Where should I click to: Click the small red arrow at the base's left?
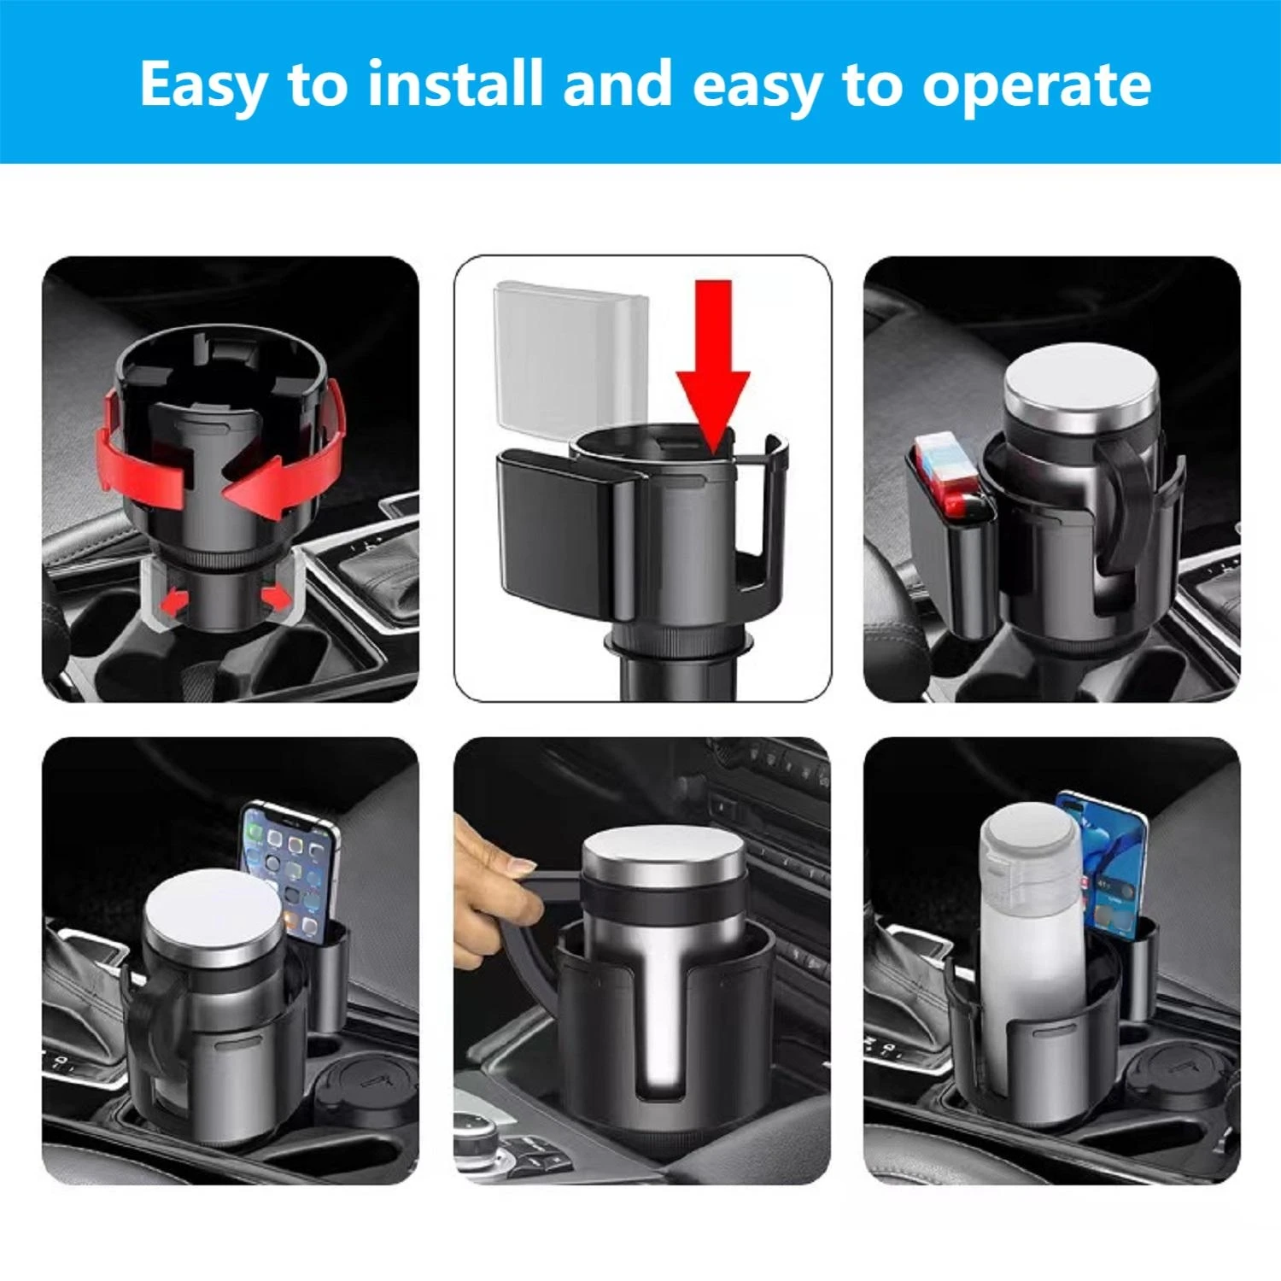pos(174,602)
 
